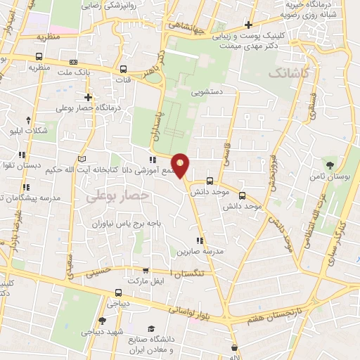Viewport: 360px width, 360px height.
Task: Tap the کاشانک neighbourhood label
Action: point(288,73)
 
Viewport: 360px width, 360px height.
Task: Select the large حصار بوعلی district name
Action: point(118,198)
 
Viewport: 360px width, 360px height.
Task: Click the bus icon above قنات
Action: point(124,70)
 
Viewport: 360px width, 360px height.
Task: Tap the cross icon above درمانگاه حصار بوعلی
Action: point(88,97)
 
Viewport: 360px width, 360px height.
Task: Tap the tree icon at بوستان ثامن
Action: point(329,166)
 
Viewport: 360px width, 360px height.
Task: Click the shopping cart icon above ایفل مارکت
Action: point(146,271)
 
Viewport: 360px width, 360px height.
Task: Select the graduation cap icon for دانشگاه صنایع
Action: point(151,328)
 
